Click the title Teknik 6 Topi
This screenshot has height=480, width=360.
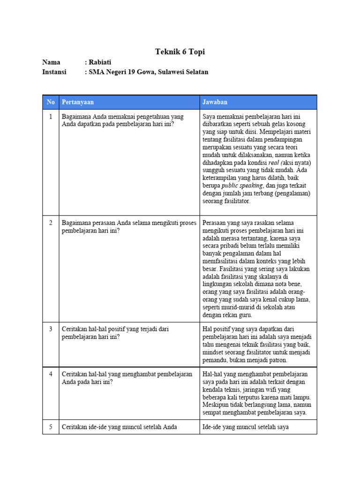180,52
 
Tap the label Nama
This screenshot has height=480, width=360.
51,62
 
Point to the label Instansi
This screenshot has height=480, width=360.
54,72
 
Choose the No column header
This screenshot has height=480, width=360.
51,102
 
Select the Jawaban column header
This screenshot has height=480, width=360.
215,102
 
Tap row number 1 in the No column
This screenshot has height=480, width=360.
51,116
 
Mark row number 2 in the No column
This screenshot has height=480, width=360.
51,223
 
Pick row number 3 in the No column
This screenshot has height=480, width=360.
51,329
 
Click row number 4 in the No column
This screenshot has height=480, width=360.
51,374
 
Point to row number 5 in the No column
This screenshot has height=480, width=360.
51,427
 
